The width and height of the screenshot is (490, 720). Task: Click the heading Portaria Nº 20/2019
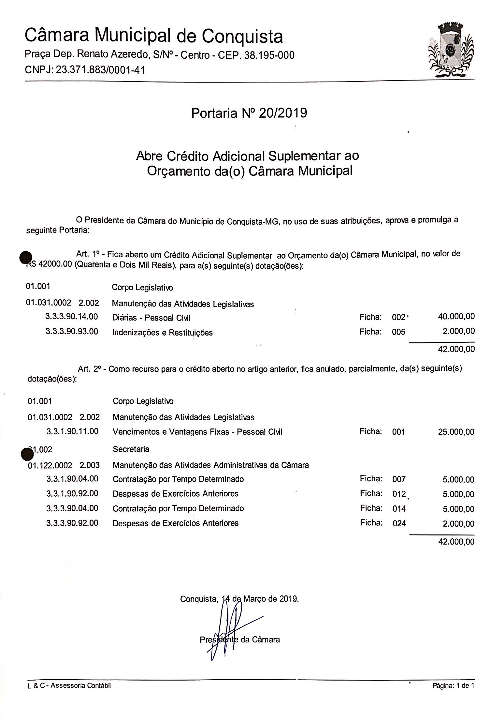(249, 113)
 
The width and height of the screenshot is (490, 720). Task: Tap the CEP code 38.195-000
(267, 55)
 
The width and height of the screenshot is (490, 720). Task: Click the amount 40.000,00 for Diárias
(456, 316)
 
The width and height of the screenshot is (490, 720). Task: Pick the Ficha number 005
(399, 332)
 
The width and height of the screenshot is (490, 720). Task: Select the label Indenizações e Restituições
(162, 333)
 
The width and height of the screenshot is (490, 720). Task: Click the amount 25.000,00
(456, 432)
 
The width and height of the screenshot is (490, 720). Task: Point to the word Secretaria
(131, 449)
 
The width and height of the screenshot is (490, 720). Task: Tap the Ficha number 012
(399, 494)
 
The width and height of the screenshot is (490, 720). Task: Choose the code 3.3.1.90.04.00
(72, 479)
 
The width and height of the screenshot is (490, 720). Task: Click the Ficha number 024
(399, 523)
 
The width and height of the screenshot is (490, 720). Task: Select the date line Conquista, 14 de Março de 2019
(239, 599)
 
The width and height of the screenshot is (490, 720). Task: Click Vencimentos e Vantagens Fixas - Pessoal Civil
(197, 432)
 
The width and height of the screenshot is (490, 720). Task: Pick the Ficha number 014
(399, 509)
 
